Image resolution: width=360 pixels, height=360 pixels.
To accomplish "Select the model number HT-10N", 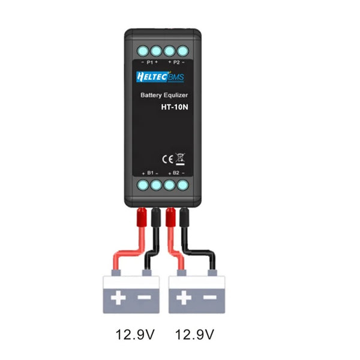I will click(x=175, y=107).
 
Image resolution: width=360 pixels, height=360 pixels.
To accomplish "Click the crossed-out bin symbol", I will click(x=179, y=158).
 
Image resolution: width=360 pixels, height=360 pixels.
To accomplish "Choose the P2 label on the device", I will click(x=176, y=62).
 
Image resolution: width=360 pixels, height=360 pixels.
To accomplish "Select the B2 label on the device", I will click(x=176, y=173).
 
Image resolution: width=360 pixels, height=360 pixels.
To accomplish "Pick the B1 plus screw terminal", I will click(x=143, y=185).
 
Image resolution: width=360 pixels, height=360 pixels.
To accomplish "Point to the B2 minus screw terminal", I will click(x=183, y=185).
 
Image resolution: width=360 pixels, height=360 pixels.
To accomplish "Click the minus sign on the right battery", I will click(x=209, y=297).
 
